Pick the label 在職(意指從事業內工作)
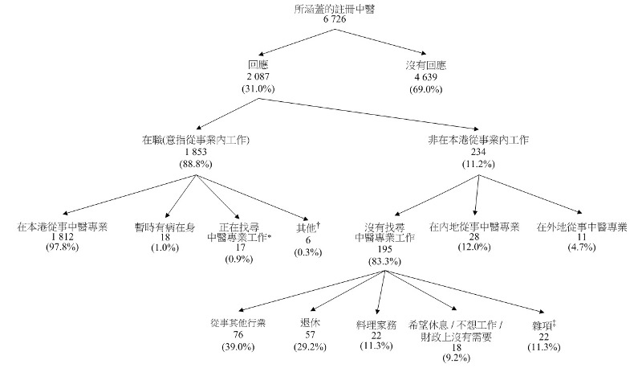pyautogui.click(x=196, y=140)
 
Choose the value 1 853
pyautogui.click(x=196, y=152)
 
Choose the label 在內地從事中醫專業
pyautogui.click(x=474, y=226)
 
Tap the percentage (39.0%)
pyautogui.click(x=238, y=346)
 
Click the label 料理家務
pyautogui.click(x=376, y=324)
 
